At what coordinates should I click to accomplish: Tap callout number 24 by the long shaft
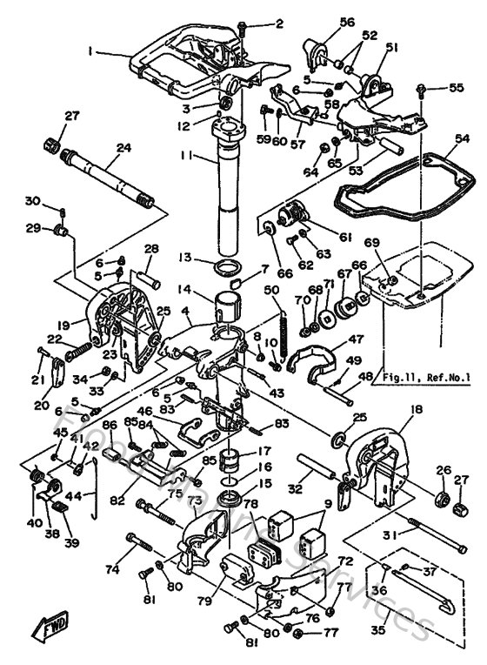click(x=123, y=148)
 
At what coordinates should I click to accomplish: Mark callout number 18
click(x=417, y=409)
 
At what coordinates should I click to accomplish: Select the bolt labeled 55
click(x=422, y=89)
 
